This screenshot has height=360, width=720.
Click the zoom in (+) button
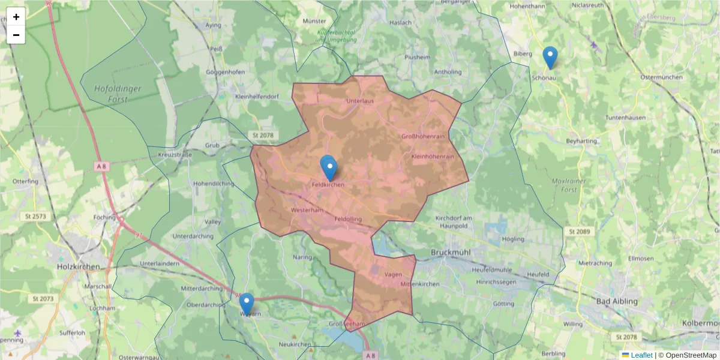click(16, 17)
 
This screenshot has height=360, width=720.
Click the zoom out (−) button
click(16, 35)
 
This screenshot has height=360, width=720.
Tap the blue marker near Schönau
click(550, 58)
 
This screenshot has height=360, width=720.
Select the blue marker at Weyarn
click(246, 304)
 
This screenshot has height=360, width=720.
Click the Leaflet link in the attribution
click(641, 355)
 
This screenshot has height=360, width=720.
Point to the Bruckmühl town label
click(454, 253)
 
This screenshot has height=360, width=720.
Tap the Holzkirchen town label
click(78, 266)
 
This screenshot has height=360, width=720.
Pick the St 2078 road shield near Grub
click(263, 136)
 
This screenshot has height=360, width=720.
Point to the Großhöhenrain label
click(423, 137)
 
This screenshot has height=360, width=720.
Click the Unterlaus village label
click(360, 101)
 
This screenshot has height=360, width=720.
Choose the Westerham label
click(307, 211)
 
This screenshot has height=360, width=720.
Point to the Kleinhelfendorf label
click(257, 97)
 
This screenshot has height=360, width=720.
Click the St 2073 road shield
click(43, 298)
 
